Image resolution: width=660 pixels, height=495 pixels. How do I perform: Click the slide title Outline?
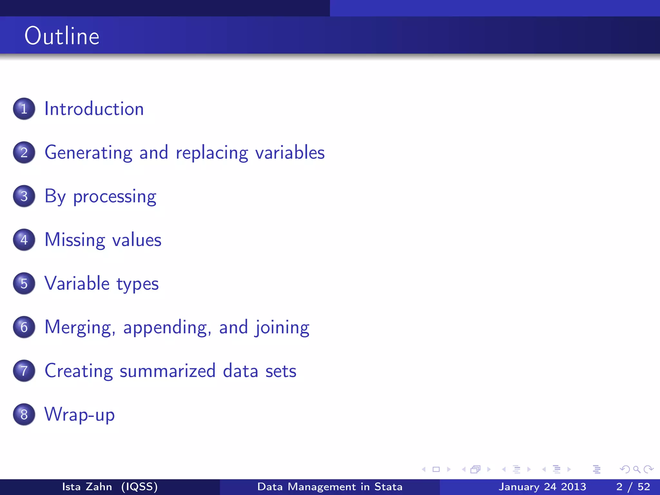click(x=62, y=36)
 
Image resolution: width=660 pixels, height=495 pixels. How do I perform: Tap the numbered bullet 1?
click(x=24, y=109)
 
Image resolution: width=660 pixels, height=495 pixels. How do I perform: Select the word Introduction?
click(x=94, y=109)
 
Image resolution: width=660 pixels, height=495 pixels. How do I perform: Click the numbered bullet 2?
click(x=24, y=152)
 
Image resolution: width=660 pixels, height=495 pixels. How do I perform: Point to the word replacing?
click(x=212, y=153)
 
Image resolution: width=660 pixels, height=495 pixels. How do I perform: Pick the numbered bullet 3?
click(x=24, y=196)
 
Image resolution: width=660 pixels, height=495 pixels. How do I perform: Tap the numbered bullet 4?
click(x=24, y=240)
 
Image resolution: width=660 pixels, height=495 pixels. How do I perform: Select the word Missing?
click(x=75, y=240)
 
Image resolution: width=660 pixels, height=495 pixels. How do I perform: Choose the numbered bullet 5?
click(x=24, y=283)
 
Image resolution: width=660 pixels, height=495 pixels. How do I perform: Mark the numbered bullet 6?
click(x=24, y=327)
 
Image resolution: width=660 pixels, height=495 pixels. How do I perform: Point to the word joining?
click(x=282, y=328)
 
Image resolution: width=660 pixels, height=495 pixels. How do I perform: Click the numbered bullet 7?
click(x=24, y=371)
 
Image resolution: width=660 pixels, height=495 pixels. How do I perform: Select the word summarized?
click(x=168, y=371)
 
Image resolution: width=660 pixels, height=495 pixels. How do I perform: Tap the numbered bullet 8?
click(x=24, y=414)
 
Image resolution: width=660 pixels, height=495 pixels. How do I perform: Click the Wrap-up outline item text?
click(x=80, y=415)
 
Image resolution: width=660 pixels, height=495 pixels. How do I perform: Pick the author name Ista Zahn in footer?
click(x=87, y=487)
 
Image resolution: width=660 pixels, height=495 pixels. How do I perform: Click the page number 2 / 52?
click(x=633, y=487)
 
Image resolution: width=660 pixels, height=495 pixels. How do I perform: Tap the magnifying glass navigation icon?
click(x=636, y=469)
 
